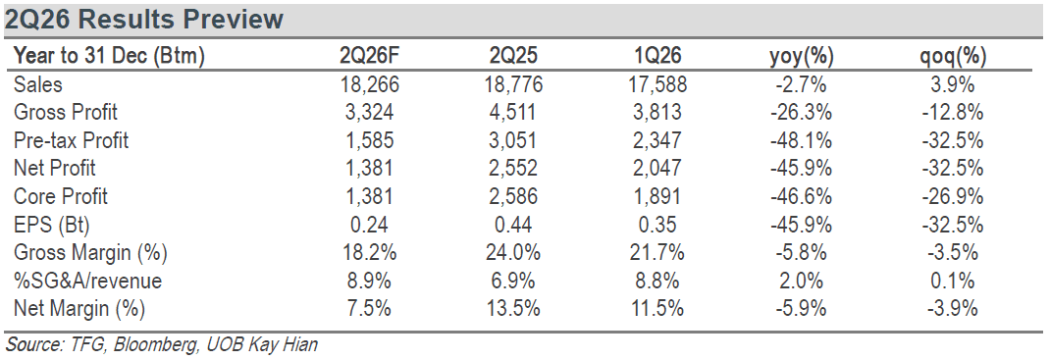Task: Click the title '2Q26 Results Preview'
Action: [144, 20]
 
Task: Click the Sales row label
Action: [37, 84]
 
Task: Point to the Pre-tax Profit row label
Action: [71, 140]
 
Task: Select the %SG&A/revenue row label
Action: [87, 282]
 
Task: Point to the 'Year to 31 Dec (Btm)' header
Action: [109, 57]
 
